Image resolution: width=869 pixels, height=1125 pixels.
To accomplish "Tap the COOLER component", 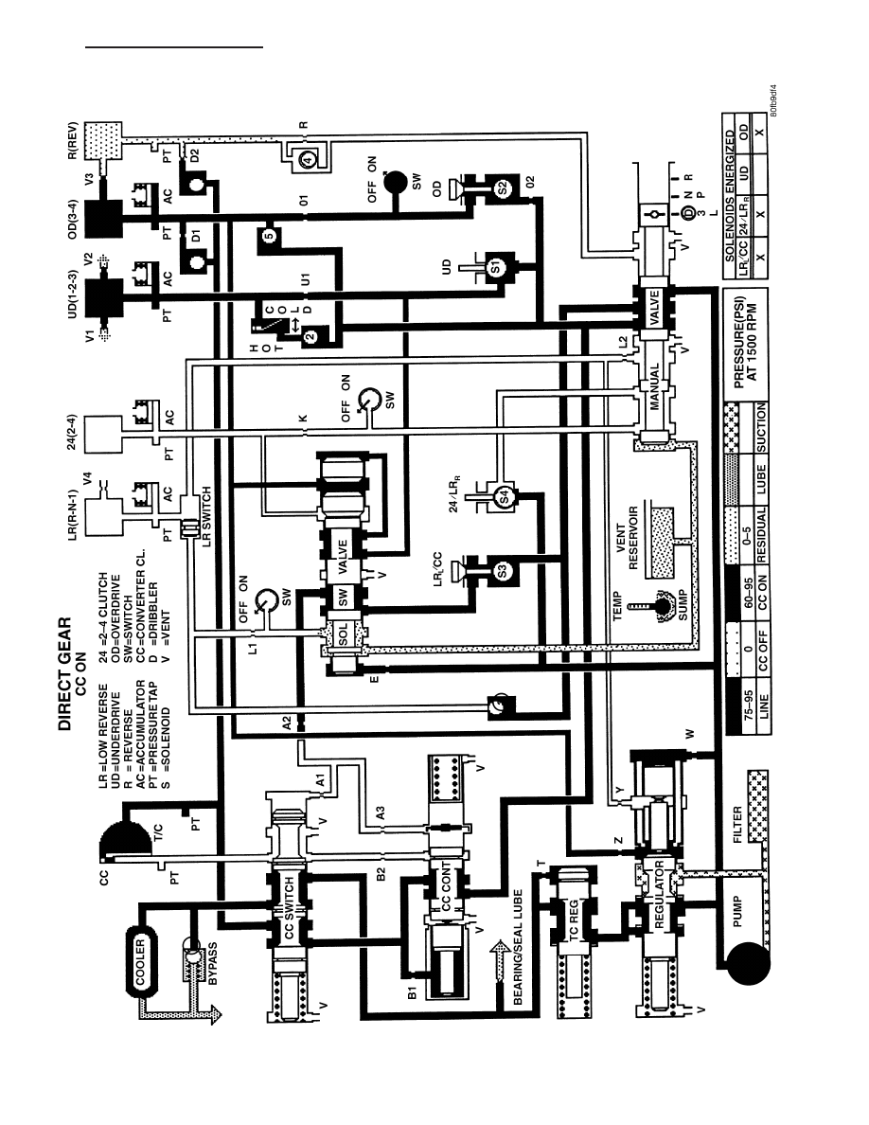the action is pos(140,961).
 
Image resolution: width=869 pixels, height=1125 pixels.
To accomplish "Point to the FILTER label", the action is pos(737,825).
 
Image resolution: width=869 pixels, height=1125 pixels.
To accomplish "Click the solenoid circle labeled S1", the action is pos(495,268).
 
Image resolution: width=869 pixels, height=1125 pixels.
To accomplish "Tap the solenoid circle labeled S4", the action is pos(503,495).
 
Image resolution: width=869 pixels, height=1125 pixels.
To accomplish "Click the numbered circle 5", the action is pos(268,236).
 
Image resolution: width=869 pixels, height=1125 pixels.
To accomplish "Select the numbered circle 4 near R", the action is pos(307,160).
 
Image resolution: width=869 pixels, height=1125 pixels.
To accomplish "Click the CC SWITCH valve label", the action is pos(289,907).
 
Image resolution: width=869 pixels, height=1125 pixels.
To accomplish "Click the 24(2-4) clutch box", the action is pos(102,435).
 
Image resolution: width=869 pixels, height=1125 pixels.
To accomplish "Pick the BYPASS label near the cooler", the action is pos(212,963).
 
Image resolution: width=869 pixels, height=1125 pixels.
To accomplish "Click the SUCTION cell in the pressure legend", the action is pos(761,428).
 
